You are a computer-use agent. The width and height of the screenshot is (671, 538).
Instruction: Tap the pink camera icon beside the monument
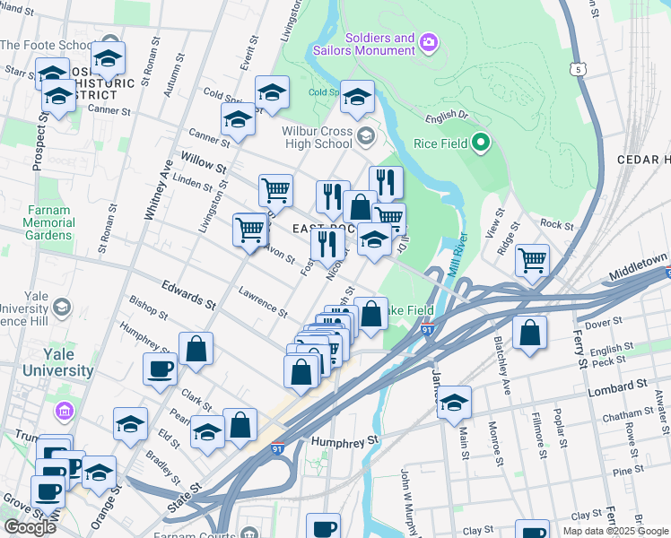(429, 41)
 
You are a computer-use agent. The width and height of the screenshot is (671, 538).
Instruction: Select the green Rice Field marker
(481, 143)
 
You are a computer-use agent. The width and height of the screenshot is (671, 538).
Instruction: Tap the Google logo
(30, 526)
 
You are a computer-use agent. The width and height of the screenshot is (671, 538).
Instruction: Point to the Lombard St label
(618, 386)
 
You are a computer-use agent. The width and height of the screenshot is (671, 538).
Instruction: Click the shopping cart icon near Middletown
(532, 261)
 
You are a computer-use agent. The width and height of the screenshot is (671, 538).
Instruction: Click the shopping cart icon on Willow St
(275, 189)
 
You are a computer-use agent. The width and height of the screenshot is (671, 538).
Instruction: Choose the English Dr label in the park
(447, 116)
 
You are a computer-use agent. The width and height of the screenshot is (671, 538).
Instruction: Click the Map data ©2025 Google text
(615, 531)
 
